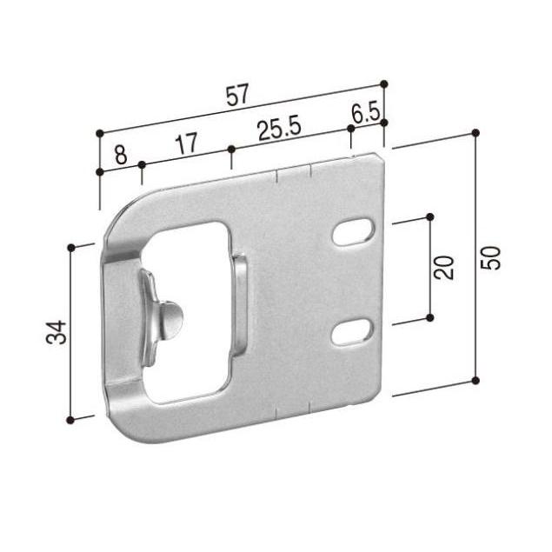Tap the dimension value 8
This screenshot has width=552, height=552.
120,156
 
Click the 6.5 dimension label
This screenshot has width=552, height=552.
365,114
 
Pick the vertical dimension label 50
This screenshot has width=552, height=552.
491,257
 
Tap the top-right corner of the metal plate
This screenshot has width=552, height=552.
381,156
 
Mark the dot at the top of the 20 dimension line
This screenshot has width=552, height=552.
430,216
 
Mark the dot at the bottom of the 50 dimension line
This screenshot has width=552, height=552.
476,380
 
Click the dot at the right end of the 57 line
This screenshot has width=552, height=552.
384,84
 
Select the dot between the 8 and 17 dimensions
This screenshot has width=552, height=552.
141,163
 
